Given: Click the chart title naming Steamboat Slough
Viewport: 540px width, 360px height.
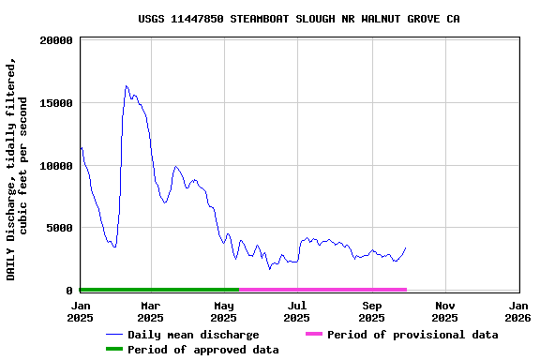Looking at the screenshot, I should pyautogui.click(x=298, y=19).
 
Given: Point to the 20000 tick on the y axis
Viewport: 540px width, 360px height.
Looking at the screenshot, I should pyautogui.click(x=56, y=40).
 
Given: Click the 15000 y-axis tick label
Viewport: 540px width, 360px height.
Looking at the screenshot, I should pyautogui.click(x=56, y=103).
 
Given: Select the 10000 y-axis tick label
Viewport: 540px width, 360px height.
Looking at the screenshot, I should pyautogui.click(x=56, y=166).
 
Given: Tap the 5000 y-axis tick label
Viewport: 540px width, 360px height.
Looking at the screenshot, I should pyautogui.click(x=59, y=228).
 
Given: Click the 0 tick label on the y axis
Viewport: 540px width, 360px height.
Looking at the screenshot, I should pyautogui.click(x=69, y=291).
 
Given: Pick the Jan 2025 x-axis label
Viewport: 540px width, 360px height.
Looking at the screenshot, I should pyautogui.click(x=81, y=311).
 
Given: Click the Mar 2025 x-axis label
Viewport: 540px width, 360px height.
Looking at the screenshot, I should pyautogui.click(x=151, y=311).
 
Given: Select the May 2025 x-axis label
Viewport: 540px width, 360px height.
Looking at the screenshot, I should pyautogui.click(x=224, y=311).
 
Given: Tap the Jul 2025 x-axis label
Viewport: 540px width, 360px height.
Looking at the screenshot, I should pyautogui.click(x=297, y=311).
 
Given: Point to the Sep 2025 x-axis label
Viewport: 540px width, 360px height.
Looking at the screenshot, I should pyautogui.click(x=372, y=311).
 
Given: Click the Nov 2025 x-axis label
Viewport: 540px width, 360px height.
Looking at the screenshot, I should pyautogui.click(x=445, y=311).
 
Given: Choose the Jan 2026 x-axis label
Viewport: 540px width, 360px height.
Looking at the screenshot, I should pyautogui.click(x=518, y=311).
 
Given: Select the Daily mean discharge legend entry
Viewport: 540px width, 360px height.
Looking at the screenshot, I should pyautogui.click(x=193, y=335).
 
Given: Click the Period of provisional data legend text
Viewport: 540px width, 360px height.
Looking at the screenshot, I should pyautogui.click(x=412, y=335).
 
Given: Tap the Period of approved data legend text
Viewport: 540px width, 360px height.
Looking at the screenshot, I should pyautogui.click(x=202, y=350).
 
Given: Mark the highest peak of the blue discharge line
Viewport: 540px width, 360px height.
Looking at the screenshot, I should pyautogui.click(x=126, y=86).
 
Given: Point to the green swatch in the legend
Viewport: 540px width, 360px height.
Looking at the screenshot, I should pyautogui.click(x=114, y=349).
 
